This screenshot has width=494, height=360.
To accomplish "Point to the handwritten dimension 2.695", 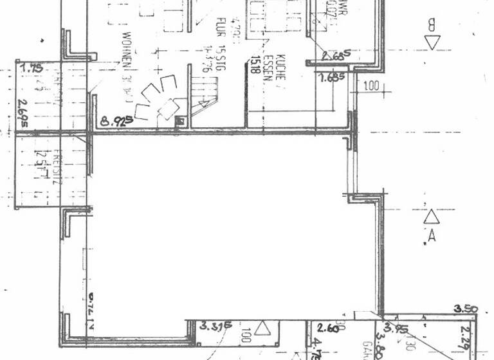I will coord(24,104).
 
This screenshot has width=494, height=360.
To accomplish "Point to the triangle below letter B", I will coord(432,42).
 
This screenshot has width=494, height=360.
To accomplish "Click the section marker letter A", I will coord(432,235).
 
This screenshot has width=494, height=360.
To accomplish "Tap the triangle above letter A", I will coord(430,217).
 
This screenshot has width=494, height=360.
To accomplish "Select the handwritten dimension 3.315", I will coord(216,326).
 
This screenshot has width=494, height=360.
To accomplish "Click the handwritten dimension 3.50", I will coord(465,310).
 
